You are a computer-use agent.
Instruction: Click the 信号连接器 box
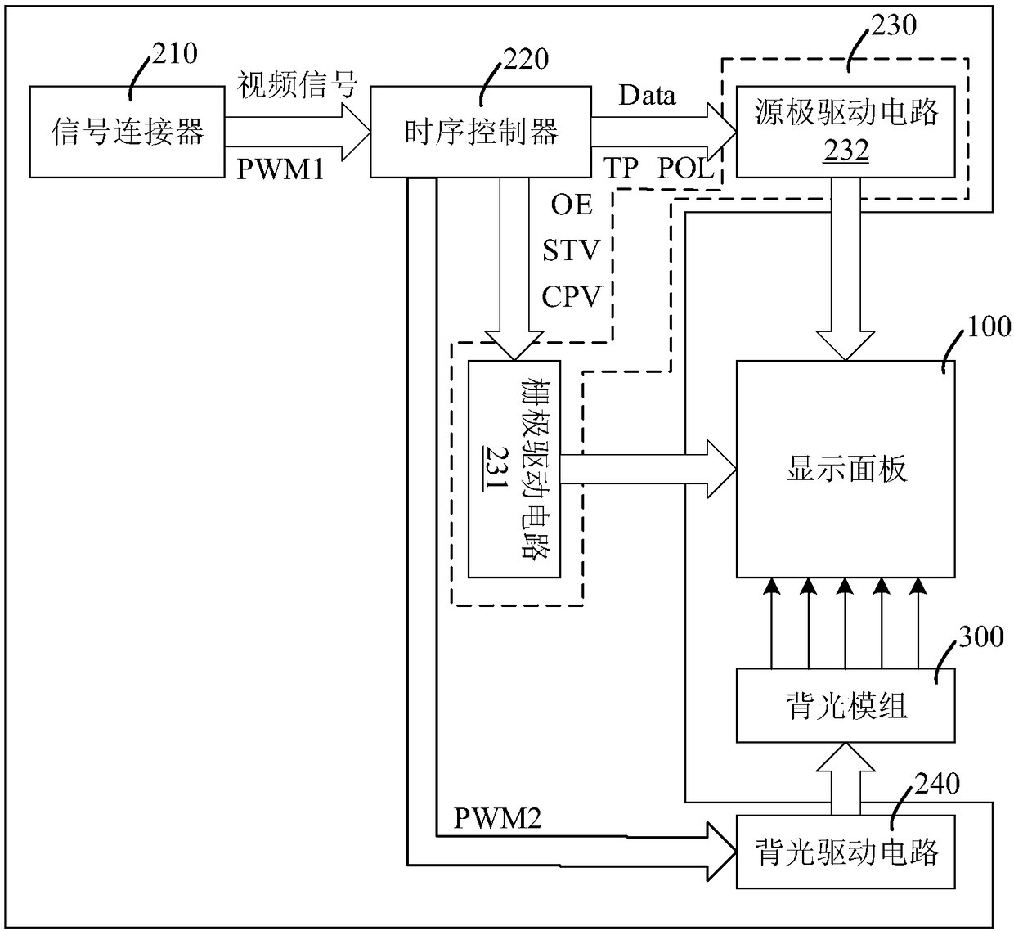[x=127, y=132]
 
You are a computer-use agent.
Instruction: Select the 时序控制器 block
[x=480, y=132]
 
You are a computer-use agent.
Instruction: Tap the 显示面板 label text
[x=846, y=469]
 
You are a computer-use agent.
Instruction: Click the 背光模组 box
[x=846, y=705]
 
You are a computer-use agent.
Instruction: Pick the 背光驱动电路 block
[x=846, y=852]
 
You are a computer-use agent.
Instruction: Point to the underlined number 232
[x=846, y=151]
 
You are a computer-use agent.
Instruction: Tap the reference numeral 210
[x=174, y=54]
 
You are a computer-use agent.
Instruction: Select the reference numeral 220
[x=526, y=59]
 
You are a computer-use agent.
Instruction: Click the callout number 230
[x=894, y=25]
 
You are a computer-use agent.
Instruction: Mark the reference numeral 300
[x=981, y=636]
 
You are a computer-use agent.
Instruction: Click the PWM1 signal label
[x=280, y=169]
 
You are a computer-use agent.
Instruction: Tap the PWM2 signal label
[x=498, y=818]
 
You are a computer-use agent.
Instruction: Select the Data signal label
[x=648, y=95]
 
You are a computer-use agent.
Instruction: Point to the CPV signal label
[x=572, y=296]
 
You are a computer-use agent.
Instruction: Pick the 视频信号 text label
[x=298, y=84]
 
